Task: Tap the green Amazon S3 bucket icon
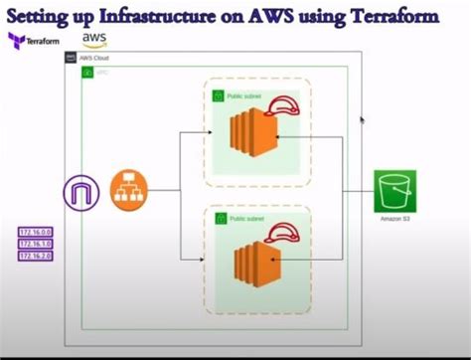[x=394, y=190]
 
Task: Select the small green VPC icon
[x=87, y=74]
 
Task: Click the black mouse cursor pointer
[x=362, y=120]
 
